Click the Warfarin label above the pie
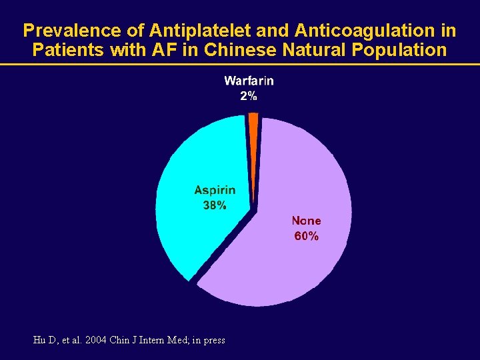coord(249,81)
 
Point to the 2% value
coord(249,96)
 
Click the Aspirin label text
coord(215,191)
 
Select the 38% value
coord(215,206)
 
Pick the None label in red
coord(306,221)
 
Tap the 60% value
coord(306,236)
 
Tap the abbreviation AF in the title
coord(157,50)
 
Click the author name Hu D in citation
coord(45,340)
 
